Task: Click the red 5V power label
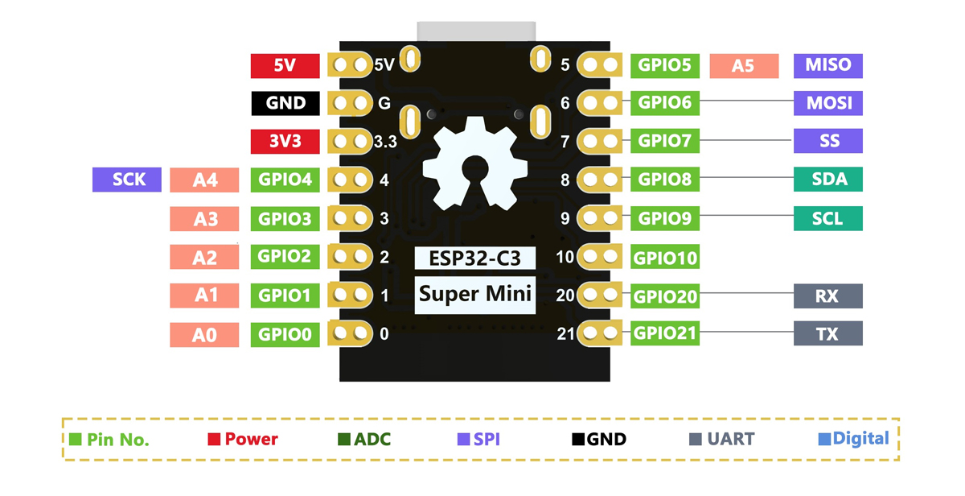285,66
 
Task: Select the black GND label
285,103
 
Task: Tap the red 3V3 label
285,142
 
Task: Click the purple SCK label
127,180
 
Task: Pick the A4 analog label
204,180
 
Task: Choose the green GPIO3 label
285,218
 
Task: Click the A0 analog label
204,334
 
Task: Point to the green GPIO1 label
285,296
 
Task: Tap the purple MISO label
828,65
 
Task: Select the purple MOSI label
828,103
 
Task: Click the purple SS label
828,141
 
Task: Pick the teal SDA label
828,179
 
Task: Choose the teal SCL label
828,218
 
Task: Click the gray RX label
828,296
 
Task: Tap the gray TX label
828,333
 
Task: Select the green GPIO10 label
665,258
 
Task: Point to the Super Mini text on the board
475,295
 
